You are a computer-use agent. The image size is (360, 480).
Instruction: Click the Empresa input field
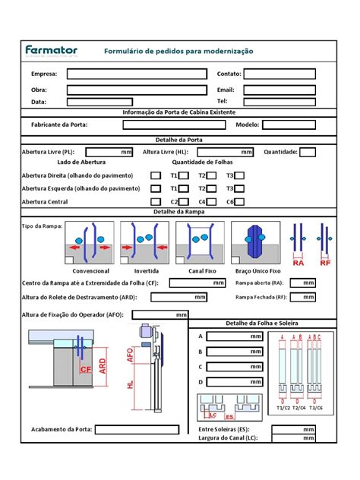(x=137, y=74)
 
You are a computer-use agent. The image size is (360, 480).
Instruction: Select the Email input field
(x=279, y=89)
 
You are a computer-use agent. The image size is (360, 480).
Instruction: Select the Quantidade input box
(x=308, y=152)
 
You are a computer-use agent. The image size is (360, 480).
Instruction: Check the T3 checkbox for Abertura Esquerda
(x=240, y=188)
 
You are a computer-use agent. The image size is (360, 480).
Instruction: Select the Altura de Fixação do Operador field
(x=160, y=314)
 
